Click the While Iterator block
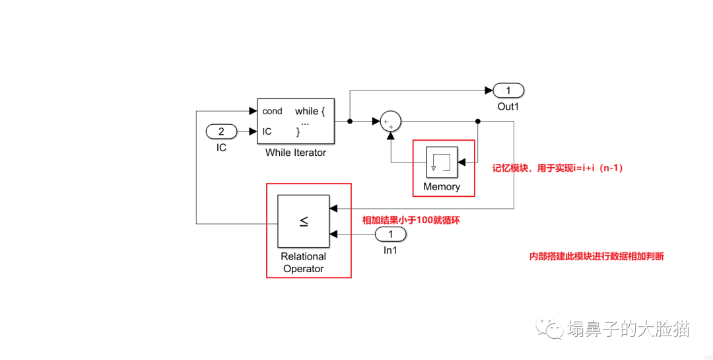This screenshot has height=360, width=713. tap(295, 122)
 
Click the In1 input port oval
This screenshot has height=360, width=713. tap(390, 234)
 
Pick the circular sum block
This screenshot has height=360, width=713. tap(391, 122)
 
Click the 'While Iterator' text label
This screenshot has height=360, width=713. tap(296, 153)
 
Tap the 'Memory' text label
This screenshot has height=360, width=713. tap(442, 187)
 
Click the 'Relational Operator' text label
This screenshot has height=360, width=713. tap(304, 263)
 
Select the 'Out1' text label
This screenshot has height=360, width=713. tap(508, 106)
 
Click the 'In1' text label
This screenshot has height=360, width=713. tap(390, 250)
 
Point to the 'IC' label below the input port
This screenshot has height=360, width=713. tap(221, 148)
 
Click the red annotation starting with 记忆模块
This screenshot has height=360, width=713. tap(558, 168)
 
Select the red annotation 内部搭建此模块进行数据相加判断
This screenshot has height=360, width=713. tap(597, 257)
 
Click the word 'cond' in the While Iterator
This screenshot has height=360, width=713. tap(272, 111)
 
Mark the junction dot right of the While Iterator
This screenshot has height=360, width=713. tap(349, 122)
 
